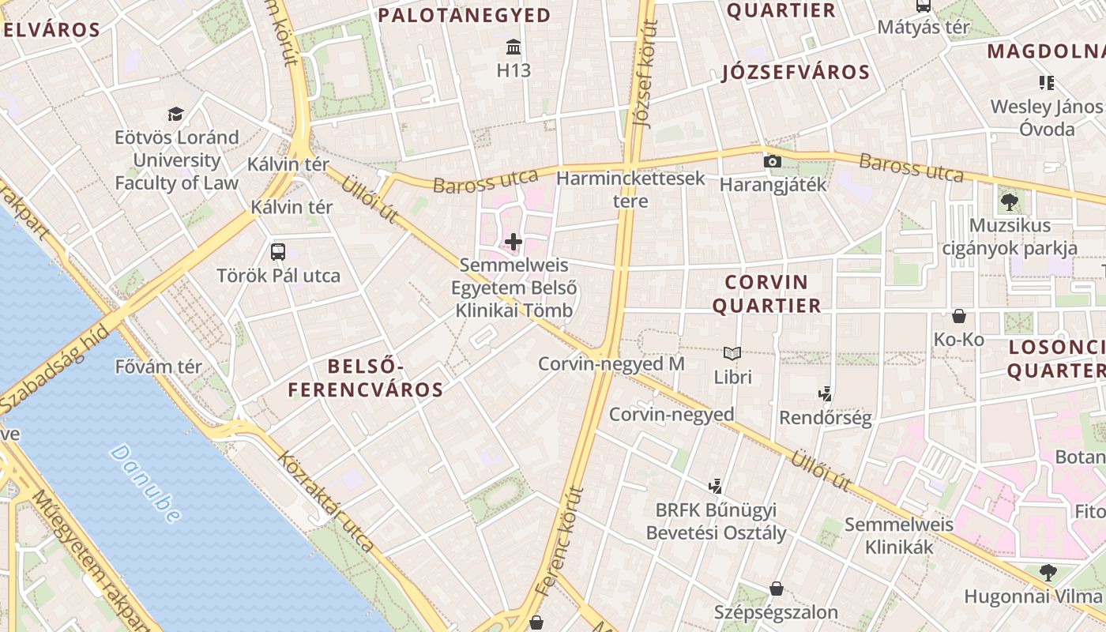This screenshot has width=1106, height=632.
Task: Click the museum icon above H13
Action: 513,47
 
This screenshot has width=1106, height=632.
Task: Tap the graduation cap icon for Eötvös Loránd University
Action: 175,115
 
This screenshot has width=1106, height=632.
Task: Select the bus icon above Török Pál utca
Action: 278,252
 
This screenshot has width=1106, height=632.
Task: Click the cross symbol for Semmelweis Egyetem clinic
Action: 513,241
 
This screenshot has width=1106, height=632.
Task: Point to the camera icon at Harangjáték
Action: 773,162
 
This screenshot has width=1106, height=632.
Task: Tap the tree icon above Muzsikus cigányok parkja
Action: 1009,201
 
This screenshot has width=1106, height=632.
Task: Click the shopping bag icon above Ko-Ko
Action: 959,316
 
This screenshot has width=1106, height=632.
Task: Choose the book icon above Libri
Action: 732,353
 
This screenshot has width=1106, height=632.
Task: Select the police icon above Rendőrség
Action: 826,393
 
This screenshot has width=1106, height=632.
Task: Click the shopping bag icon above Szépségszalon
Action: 777,589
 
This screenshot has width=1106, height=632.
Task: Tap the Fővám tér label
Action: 158,367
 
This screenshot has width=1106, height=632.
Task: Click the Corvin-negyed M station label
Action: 611,364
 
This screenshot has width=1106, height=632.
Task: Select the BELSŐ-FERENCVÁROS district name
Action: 365,378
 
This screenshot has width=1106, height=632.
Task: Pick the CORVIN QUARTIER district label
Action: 766,294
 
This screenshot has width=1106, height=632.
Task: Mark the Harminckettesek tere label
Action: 630,190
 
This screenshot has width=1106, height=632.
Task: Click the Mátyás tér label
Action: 924,28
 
